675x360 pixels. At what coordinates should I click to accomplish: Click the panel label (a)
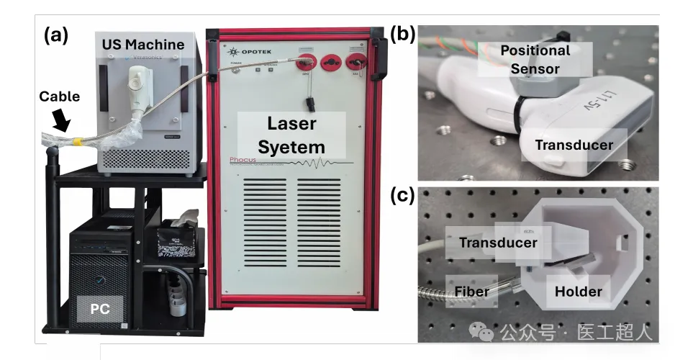55,34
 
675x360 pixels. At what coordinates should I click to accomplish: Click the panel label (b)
402,33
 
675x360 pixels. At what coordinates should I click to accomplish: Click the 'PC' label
99,309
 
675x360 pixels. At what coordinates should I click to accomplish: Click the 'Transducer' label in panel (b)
574,145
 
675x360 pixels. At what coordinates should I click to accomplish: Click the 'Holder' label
578,292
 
